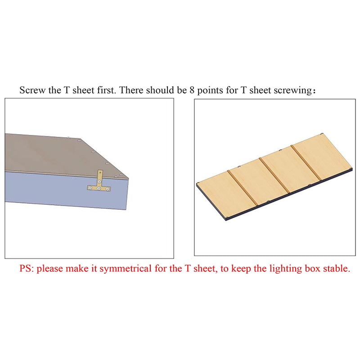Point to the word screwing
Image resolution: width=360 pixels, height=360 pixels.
[x=294, y=90]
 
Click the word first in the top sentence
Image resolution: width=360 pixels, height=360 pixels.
[x=104, y=90]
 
